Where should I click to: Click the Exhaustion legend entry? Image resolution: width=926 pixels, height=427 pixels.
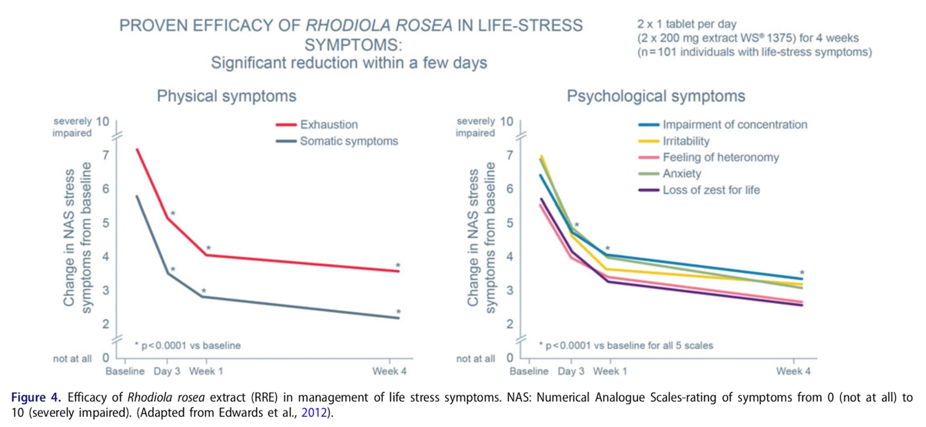(x=329, y=124)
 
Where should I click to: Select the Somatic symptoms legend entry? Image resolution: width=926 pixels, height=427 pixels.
(x=349, y=141)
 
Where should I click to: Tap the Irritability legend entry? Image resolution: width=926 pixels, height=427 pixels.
(x=686, y=141)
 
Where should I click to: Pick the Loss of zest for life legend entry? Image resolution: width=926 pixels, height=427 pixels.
(x=711, y=190)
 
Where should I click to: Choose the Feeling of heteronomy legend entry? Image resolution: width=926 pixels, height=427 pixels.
(x=720, y=157)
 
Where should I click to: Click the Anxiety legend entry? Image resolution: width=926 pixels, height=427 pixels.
(x=682, y=173)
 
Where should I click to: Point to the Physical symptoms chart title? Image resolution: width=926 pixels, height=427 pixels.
(x=226, y=96)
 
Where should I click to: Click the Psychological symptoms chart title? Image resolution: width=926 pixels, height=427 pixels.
(x=656, y=96)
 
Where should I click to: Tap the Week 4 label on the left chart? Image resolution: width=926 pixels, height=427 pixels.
(x=389, y=371)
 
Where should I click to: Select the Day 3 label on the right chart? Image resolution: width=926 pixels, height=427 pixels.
(x=571, y=371)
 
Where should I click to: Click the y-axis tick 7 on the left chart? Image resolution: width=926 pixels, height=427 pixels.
(x=106, y=155)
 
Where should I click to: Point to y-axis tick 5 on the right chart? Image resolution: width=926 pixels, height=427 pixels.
(x=510, y=223)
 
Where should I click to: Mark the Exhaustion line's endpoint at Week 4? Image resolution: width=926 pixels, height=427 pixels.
(x=398, y=271)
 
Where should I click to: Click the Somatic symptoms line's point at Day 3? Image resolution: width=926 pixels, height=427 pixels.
(x=168, y=273)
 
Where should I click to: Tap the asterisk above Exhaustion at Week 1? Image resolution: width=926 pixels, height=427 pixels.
(x=208, y=248)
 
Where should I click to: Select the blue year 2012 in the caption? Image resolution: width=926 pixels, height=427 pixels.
(x=314, y=412)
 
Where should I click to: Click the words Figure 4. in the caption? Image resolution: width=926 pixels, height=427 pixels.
(x=36, y=397)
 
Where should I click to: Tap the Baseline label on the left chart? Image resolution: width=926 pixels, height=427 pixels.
(x=125, y=371)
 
